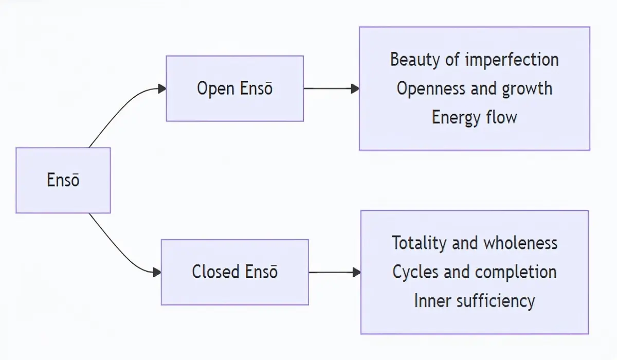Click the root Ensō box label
tap(63, 180)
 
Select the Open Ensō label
tap(234, 88)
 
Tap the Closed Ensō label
tap(234, 272)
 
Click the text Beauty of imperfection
tap(474, 60)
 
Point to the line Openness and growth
tap(474, 88)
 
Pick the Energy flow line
tap(474, 117)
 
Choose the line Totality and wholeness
tap(474, 243)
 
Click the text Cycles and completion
tap(474, 272)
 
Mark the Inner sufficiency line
tap(474, 301)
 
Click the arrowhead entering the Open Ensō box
tap(162, 88)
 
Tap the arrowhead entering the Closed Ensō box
tap(157, 273)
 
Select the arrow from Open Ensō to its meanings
tap(332, 88)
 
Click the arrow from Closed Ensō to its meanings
tap(335, 273)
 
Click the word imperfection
tap(512, 60)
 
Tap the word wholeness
tap(520, 243)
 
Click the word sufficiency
tap(496, 301)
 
